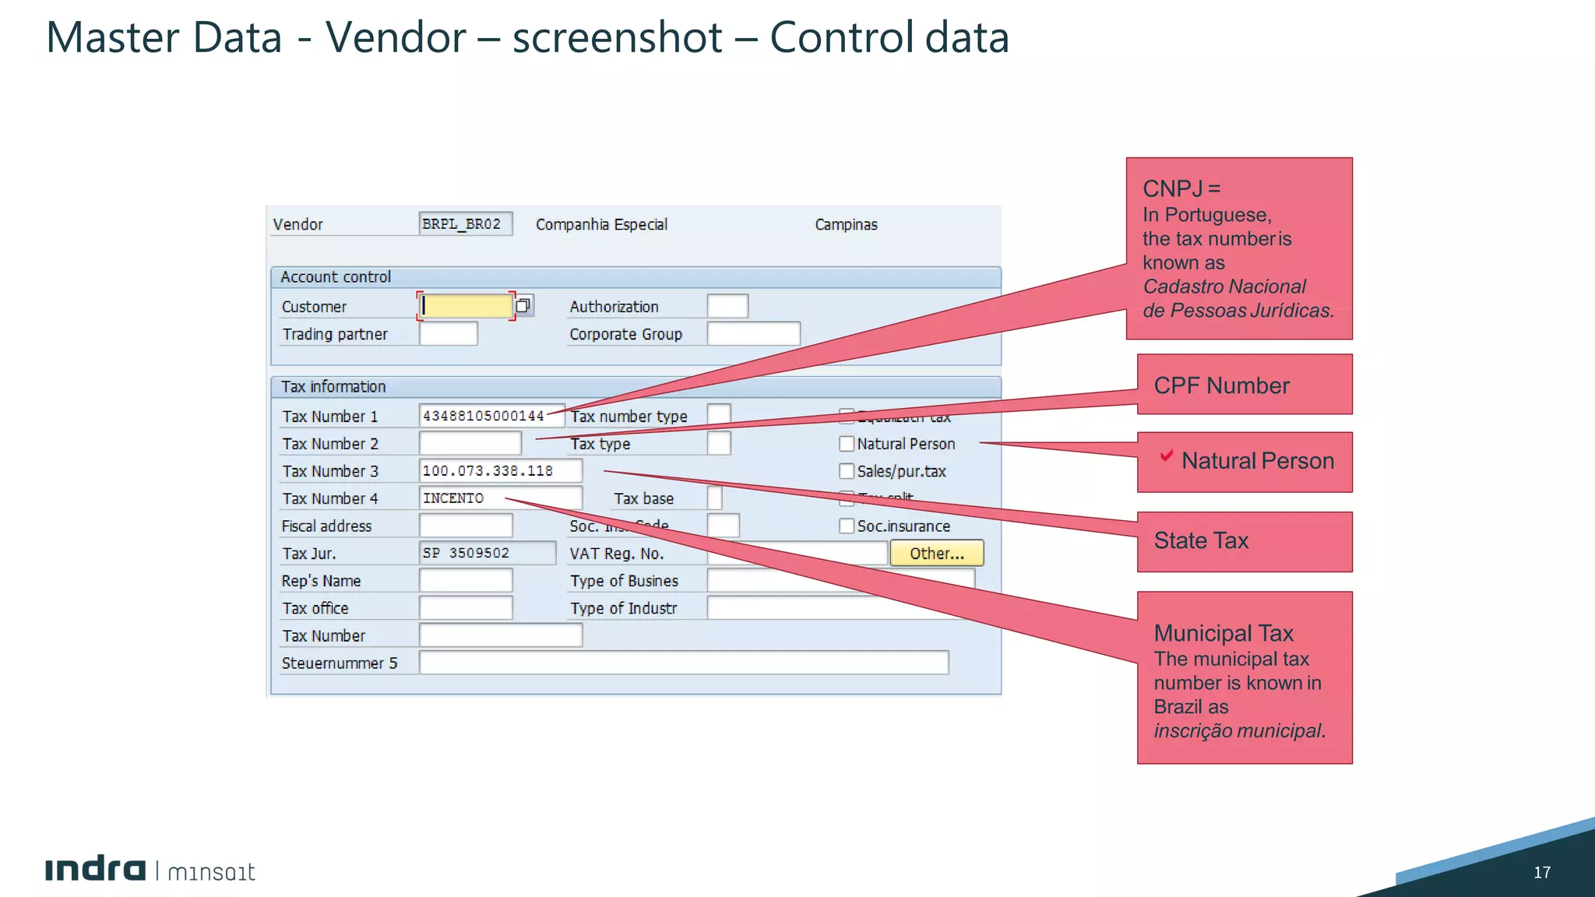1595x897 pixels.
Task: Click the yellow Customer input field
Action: (x=466, y=306)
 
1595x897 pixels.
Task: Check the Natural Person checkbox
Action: (x=847, y=444)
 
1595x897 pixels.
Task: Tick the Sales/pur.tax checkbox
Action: (x=847, y=471)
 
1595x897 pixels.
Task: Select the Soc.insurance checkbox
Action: (x=847, y=526)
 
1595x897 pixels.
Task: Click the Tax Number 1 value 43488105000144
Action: (x=483, y=416)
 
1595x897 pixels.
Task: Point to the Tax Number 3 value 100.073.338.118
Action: (x=488, y=471)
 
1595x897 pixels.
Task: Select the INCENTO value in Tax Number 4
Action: (x=453, y=498)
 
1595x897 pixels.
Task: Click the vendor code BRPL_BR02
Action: (x=462, y=224)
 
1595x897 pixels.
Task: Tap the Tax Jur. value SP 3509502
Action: (x=466, y=553)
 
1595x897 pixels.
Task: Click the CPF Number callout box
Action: (x=1244, y=385)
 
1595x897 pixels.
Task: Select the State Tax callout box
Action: (x=1244, y=541)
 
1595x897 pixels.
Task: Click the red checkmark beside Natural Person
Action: (x=1167, y=456)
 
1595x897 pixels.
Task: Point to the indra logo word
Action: (x=95, y=870)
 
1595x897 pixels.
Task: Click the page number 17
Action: (x=1541, y=872)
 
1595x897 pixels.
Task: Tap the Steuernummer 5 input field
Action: (x=683, y=663)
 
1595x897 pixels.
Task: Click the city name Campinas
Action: (x=846, y=224)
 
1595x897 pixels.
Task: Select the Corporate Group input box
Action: (x=753, y=334)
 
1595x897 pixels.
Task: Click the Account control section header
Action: (x=336, y=277)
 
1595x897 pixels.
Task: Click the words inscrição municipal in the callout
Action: (x=1238, y=731)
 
